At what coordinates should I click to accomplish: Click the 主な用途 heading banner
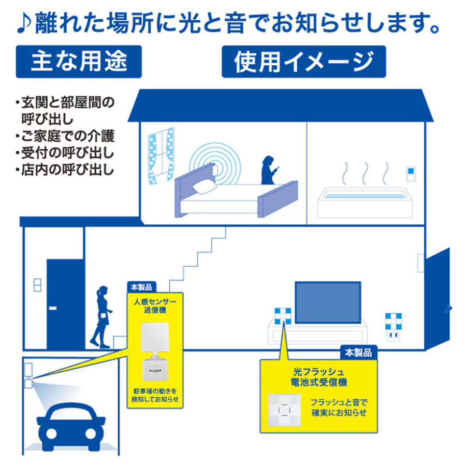[x=79, y=62]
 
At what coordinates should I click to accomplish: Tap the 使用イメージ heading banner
[x=304, y=62]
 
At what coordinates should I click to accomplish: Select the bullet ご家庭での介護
[x=65, y=136]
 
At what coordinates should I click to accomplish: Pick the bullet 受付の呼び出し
[x=65, y=153]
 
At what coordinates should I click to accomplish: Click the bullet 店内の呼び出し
[x=65, y=170]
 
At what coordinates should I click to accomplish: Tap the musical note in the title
[x=24, y=24]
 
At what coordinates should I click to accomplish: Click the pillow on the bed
[x=205, y=187]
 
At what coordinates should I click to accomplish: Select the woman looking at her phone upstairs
[x=269, y=170]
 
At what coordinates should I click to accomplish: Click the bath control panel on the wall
[x=411, y=174]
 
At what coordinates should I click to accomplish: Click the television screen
[x=328, y=302]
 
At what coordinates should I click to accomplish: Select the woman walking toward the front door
[x=101, y=317]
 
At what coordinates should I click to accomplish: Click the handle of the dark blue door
[x=53, y=308]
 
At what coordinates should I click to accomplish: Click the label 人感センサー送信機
[x=155, y=306]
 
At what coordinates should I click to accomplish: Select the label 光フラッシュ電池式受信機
[x=318, y=377]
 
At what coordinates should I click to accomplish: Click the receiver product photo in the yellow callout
[x=284, y=410]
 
